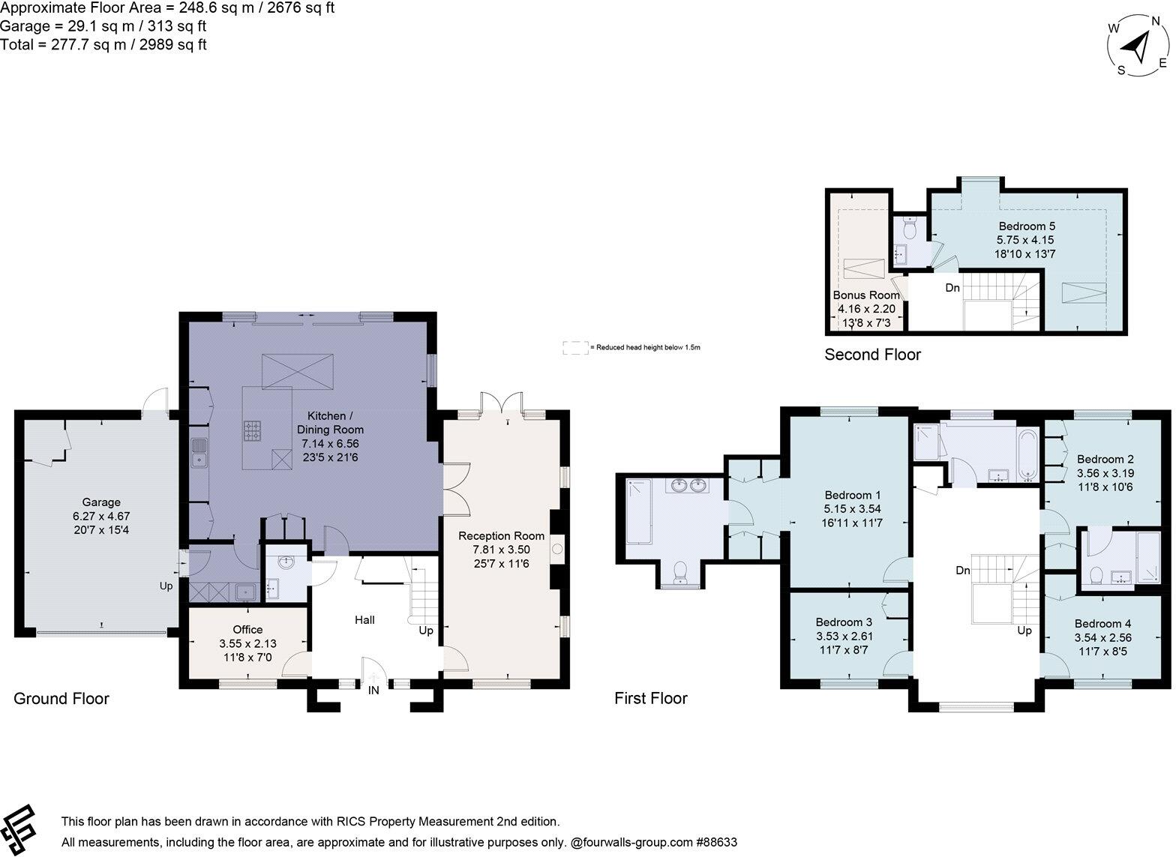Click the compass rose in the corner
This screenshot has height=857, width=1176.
(1138, 46)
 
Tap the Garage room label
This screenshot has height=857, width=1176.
(100, 502)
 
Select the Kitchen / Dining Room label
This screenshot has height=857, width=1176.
(330, 422)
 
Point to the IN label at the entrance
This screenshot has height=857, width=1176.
(373, 691)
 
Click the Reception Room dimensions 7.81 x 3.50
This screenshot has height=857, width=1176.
(501, 550)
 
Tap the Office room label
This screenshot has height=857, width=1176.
(247, 629)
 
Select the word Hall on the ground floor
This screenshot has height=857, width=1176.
(364, 620)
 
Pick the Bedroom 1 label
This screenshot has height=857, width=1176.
(852, 495)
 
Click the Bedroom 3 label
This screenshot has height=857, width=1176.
(844, 622)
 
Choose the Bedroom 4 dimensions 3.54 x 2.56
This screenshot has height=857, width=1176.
(1102, 637)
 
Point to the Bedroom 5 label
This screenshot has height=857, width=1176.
(1026, 226)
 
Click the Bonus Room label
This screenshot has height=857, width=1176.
(866, 295)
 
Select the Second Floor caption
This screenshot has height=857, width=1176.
(872, 355)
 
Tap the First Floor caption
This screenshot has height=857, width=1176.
(650, 698)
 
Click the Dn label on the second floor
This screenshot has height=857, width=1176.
(952, 288)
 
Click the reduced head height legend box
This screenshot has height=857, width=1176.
(575, 347)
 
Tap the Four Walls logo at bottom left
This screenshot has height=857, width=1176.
(18, 830)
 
